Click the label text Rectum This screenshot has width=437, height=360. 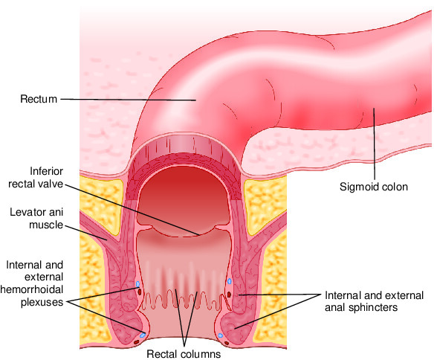coord(39,99)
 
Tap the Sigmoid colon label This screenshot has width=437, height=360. coord(373,187)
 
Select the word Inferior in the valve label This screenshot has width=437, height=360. coord(46,171)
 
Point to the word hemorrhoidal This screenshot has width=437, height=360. coord(32,289)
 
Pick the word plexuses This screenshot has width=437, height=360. coord(42,302)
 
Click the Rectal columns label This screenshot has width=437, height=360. coord(184,354)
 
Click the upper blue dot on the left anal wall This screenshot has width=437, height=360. coord(137,284)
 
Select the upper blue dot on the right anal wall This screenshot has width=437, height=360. coord(230,281)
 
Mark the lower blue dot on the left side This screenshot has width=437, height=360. coord(143,335)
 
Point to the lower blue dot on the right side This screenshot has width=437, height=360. coord(221,335)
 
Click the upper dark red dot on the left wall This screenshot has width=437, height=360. coord(140,292)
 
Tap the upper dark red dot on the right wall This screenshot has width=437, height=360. coord(229,295)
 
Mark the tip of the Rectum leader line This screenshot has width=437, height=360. coord(196,100)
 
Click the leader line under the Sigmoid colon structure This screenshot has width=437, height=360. coord(375,144)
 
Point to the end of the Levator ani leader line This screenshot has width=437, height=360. coord(107,240)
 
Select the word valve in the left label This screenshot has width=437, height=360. coord(51,184)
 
